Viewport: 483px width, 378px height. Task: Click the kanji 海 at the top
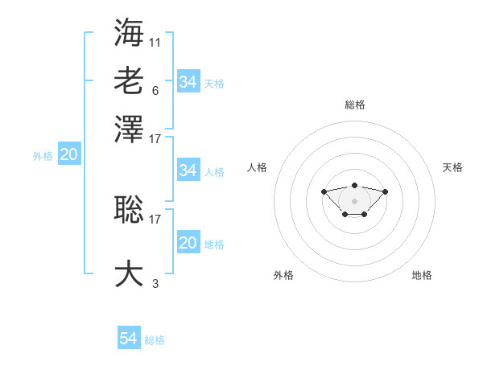(129, 31)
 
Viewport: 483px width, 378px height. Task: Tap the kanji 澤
(129, 129)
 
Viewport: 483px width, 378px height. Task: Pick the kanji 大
(129, 273)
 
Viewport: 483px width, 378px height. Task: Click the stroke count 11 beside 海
(155, 41)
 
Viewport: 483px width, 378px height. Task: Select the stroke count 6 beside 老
(155, 90)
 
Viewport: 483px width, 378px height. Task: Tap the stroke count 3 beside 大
(155, 283)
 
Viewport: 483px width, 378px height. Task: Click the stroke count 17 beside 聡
(155, 218)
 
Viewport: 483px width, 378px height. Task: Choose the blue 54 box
(128, 339)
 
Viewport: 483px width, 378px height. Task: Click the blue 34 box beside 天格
(188, 82)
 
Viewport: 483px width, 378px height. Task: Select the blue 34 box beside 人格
(188, 171)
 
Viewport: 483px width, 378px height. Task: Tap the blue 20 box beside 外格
(68, 155)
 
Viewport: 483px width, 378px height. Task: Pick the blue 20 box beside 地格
(188, 243)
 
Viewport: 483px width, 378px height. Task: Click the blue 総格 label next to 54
(155, 340)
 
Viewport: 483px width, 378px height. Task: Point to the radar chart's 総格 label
(354, 105)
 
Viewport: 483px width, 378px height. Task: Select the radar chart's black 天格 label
(452, 167)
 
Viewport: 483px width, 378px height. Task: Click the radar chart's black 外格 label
(283, 275)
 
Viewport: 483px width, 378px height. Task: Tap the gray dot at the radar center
(354, 200)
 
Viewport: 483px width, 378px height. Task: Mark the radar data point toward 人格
(324, 191)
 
